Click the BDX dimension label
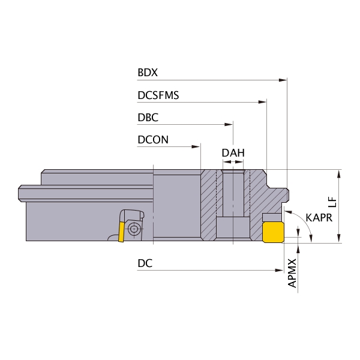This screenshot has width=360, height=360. click(x=148, y=73)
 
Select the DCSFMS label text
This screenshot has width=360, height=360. click(x=158, y=95)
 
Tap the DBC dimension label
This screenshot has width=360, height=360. click(x=148, y=118)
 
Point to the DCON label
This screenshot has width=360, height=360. click(x=153, y=140)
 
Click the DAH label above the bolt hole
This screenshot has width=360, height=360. click(x=233, y=153)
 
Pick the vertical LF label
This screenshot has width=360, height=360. click(x=332, y=202)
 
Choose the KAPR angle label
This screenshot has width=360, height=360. click(x=319, y=218)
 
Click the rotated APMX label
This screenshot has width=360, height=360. click(x=292, y=273)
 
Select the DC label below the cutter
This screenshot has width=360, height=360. click(x=145, y=263)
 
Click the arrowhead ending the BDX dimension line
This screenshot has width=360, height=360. click(x=283, y=80)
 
